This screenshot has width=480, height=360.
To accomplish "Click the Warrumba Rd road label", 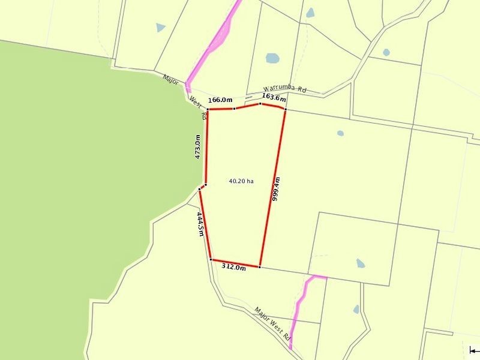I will tap(284, 93).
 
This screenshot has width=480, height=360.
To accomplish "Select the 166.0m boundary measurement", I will tap(220, 100).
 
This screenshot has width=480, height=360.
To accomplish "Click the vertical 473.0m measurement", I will tap(197, 146).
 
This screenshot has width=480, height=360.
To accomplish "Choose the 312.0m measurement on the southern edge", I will tap(234, 268).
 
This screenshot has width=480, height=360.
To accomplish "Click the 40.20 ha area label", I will tap(241, 181).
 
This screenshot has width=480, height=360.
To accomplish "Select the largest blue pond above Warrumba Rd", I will tap(272, 59).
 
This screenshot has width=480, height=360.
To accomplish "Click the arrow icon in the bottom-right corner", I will tap(474, 350).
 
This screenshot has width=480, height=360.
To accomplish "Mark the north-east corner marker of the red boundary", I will tap(286, 109).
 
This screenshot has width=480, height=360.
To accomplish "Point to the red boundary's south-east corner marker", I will tap(259, 266).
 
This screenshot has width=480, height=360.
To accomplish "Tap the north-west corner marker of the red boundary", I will tap(208, 109).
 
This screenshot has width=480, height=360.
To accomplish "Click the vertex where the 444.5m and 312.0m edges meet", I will tap(211, 259).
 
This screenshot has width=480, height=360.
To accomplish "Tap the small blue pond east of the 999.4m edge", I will tap(341, 133).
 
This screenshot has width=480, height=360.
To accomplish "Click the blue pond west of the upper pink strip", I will tap(160, 27).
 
